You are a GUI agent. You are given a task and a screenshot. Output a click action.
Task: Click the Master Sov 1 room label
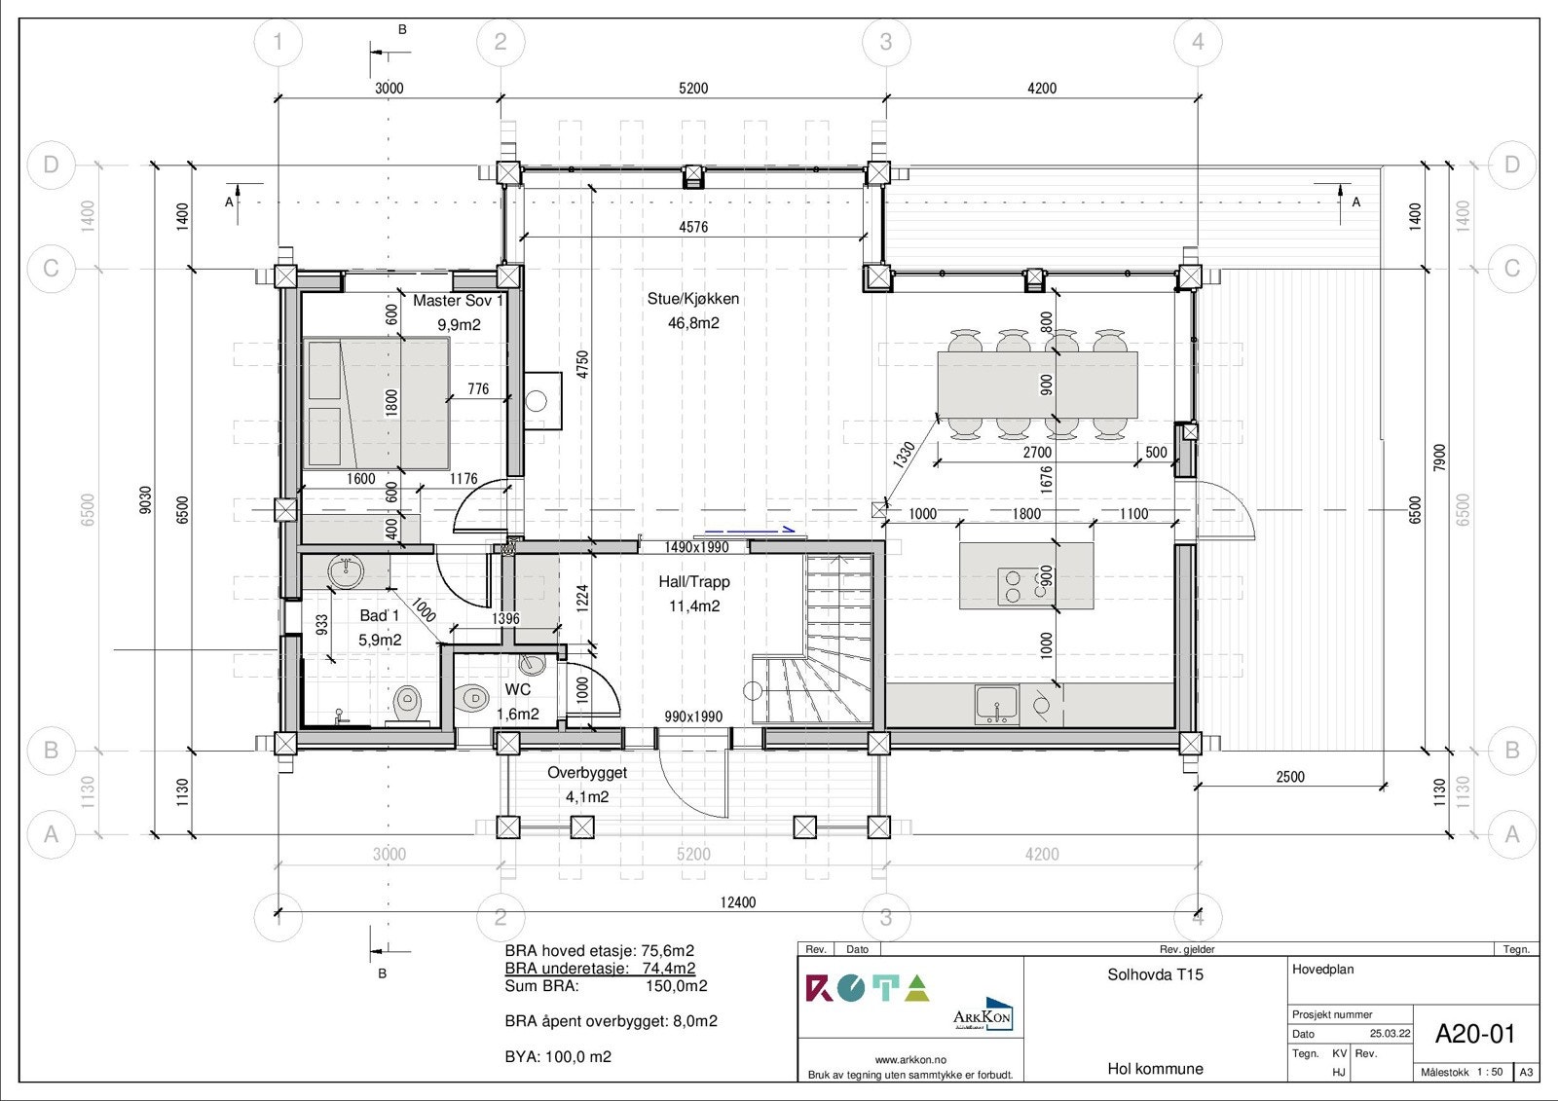pos(458,301)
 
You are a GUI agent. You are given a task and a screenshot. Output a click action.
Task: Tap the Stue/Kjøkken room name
pos(693,299)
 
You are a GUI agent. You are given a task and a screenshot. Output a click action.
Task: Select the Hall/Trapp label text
pos(693,582)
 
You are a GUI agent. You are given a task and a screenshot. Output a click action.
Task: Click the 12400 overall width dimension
pos(737,902)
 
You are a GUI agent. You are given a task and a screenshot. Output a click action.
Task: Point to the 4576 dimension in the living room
pos(693,227)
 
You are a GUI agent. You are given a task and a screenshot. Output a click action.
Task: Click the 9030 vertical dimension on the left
pos(146,499)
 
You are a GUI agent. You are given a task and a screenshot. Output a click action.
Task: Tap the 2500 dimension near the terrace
pos(1289,777)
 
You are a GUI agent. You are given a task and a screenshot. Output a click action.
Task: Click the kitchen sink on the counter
pos(996,703)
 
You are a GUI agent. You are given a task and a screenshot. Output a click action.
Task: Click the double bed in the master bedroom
pos(376,403)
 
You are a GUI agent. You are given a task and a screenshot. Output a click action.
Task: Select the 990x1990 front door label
pos(693,716)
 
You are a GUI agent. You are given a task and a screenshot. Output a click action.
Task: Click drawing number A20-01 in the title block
pos(1475,1034)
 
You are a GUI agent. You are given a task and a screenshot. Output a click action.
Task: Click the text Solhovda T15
pos(1155,974)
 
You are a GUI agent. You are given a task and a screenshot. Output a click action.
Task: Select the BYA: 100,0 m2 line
pos(558,1057)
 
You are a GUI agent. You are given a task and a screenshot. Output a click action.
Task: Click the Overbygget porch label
pos(587,773)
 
